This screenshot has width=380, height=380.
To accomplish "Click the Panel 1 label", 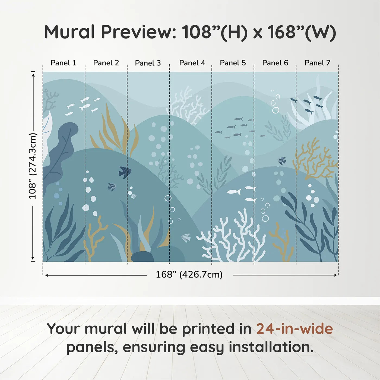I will click(64, 63).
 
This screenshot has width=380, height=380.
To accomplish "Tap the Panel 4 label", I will click(192, 63).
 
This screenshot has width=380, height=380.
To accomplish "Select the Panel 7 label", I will click(317, 63).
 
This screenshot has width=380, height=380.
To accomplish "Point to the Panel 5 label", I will click(233, 63).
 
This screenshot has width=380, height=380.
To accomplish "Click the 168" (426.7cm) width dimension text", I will click(189, 275).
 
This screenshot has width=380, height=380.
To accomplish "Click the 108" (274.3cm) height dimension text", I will click(33, 166).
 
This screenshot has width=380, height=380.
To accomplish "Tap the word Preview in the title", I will click(139, 32).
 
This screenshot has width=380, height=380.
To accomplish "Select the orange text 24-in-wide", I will click(294, 329).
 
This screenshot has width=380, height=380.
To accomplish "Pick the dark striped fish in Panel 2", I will click(125, 172).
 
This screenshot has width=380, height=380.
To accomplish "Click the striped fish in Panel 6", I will click(282, 161).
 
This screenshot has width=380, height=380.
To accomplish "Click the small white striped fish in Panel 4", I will click(186, 238).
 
